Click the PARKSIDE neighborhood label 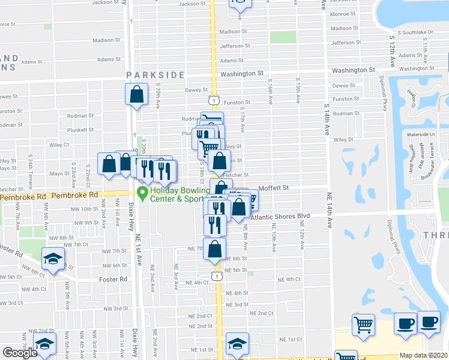pos(155,74)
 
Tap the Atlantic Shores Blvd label pos(280,217)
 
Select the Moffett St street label pos(274,188)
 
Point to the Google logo pos(20,353)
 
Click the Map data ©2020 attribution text pos(424,355)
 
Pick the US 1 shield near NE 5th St pos(215,275)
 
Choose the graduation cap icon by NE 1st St pos(238,344)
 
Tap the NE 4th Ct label pos(289,280)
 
